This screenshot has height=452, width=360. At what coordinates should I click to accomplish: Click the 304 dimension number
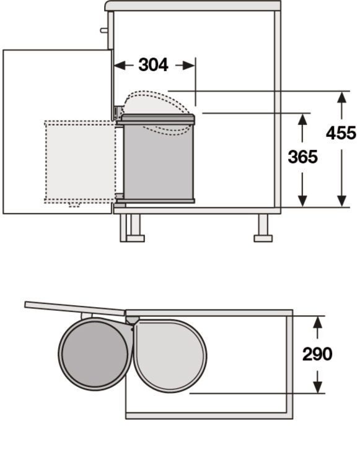[x=153, y=65]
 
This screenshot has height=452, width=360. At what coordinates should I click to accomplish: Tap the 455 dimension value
[x=341, y=133]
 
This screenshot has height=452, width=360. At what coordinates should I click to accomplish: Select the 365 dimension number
[x=302, y=157]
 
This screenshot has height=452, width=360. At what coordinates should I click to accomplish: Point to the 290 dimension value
[x=317, y=354]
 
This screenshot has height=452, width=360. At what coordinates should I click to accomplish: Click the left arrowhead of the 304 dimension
[x=120, y=66]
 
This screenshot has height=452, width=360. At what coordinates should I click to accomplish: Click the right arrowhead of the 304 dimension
[x=189, y=66]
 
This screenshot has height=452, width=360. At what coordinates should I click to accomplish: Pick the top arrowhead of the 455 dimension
[x=342, y=97]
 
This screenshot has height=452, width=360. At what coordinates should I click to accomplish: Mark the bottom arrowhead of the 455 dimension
[x=342, y=201]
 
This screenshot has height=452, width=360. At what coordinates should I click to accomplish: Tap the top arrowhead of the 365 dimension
[x=302, y=120]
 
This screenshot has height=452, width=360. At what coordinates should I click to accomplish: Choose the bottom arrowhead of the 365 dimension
[x=302, y=201]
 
